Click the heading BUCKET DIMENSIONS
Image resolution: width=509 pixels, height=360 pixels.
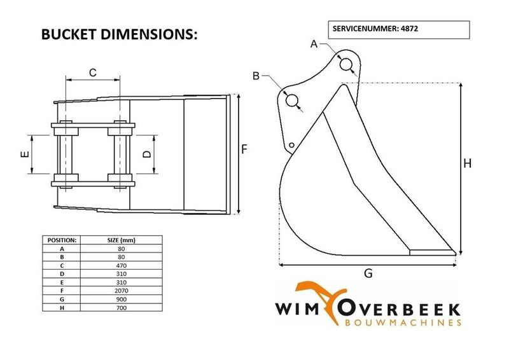click(x=120, y=34)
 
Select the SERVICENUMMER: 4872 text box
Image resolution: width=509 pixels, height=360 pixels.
click(x=399, y=29)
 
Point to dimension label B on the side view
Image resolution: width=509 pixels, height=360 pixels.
click(x=256, y=76)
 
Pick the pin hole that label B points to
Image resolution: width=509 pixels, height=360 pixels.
click(x=293, y=100)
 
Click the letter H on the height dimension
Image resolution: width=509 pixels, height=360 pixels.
click(x=467, y=163)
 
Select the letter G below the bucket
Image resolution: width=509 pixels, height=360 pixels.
click(x=368, y=273)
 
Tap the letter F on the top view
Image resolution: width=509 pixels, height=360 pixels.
click(x=244, y=149)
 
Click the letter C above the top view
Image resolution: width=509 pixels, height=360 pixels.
click(x=92, y=73)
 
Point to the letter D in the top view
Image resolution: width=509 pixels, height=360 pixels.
click(x=146, y=155)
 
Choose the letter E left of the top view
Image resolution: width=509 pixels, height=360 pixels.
click(x=23, y=155)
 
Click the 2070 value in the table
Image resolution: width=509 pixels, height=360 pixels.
click(x=120, y=289)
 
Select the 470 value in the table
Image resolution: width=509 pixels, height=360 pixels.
click(x=120, y=265)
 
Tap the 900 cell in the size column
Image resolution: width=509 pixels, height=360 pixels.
click(x=120, y=297)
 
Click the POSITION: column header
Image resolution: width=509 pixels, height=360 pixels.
click(x=62, y=240)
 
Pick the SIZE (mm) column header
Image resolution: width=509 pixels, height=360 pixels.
click(x=120, y=240)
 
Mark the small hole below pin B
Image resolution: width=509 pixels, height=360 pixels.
click(x=291, y=146)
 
